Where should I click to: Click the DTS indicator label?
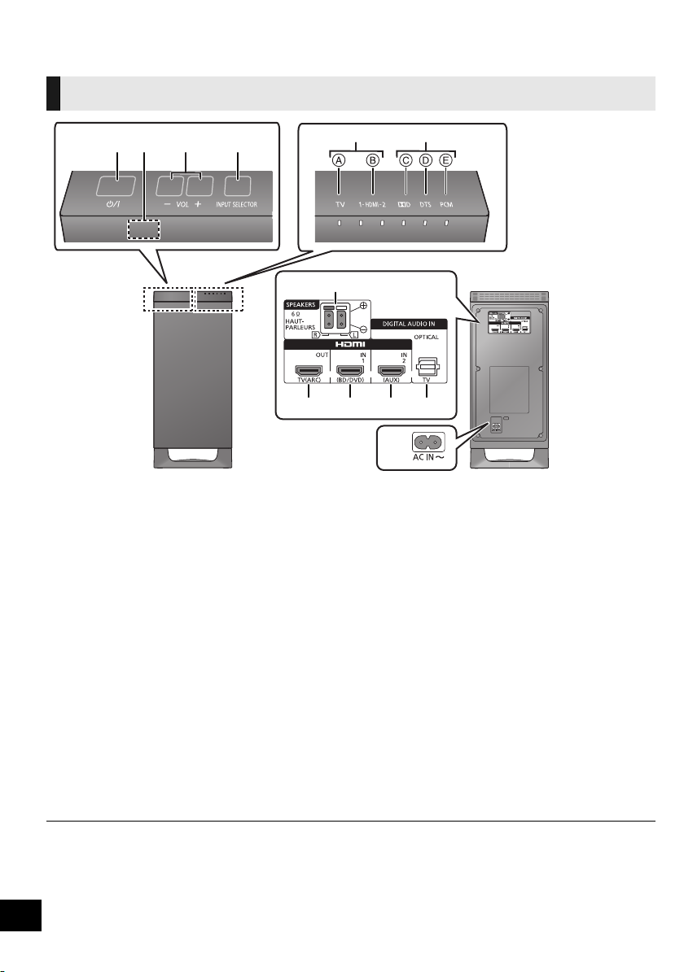tap(425, 205)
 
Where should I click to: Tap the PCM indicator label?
tap(445, 205)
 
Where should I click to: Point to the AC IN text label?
tap(427, 460)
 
